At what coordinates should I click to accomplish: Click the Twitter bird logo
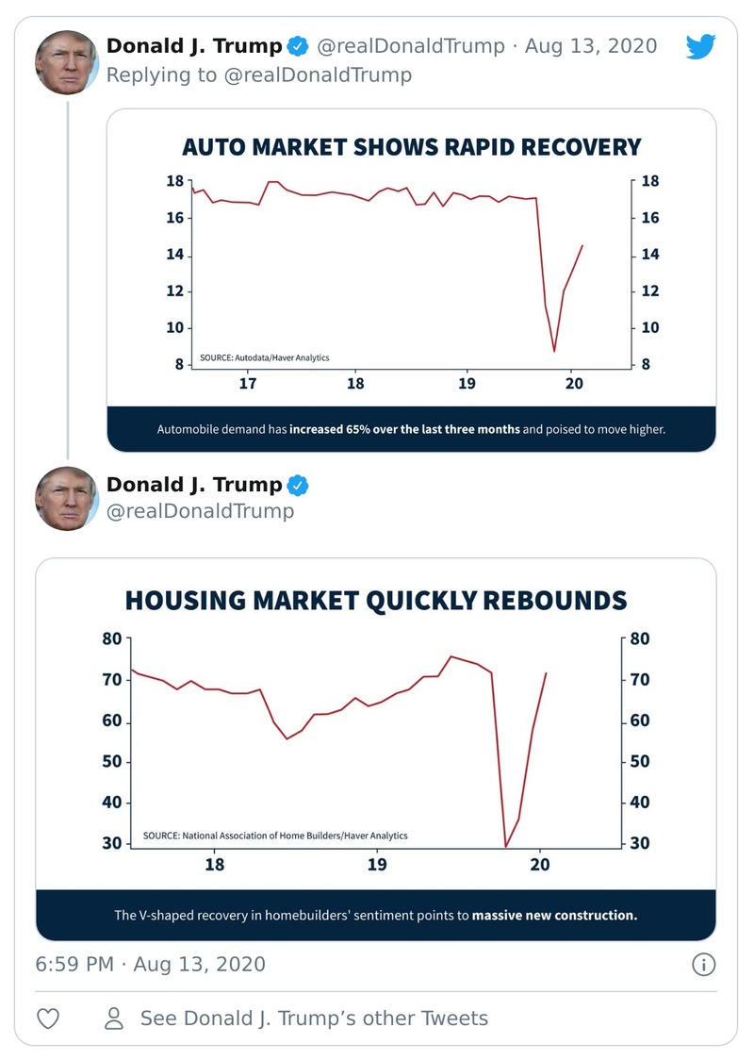point(701,46)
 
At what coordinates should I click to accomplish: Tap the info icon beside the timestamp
point(703,964)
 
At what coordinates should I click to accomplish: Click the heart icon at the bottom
point(49,1019)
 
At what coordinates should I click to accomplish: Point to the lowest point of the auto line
point(554,351)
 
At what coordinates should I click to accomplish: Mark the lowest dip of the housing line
point(506,847)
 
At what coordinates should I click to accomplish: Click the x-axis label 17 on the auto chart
point(248,385)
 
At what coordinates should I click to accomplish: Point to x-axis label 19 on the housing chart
point(377,865)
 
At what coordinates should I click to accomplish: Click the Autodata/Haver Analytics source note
point(264,358)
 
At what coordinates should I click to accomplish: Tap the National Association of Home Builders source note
point(275,836)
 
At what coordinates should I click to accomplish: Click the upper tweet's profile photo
point(67,62)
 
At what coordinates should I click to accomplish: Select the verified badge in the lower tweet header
point(299,486)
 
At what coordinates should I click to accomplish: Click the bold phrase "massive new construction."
point(554,915)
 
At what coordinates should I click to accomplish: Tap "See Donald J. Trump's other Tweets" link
point(314,1019)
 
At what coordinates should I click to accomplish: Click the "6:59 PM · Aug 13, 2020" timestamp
point(151,964)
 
